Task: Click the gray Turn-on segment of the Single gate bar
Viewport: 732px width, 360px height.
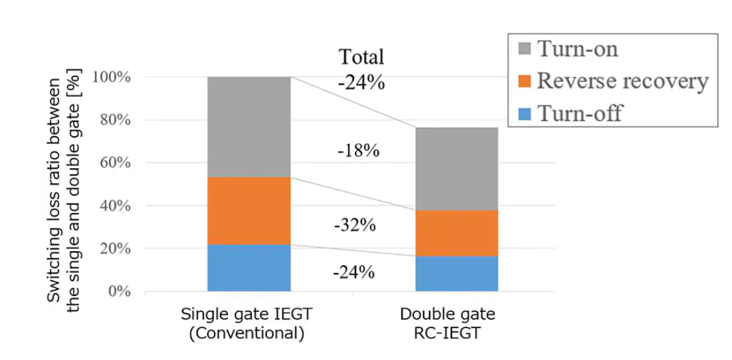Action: [249, 127]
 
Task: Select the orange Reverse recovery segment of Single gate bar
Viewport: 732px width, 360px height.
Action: [249, 210]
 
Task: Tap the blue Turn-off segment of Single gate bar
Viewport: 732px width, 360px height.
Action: [249, 267]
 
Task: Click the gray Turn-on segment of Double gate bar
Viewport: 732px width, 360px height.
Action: [457, 169]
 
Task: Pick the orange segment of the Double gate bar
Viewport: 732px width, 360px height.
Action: [457, 233]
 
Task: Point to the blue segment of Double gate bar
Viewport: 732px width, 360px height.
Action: [457, 274]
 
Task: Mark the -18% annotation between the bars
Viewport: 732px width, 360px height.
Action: [358, 151]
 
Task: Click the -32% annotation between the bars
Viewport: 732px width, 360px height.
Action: [355, 225]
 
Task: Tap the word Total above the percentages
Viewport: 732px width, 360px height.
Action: [361, 57]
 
